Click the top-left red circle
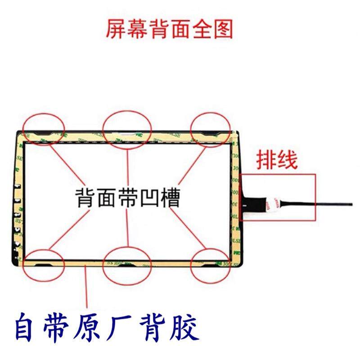coord(45,129)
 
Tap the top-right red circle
coord(211,129)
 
